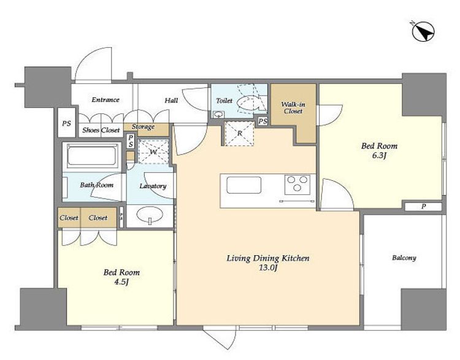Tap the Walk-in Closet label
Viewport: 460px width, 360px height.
pyautogui.click(x=293, y=108)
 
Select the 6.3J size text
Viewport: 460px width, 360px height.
pyautogui.click(x=379, y=156)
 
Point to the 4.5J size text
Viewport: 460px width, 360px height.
pyautogui.click(x=121, y=282)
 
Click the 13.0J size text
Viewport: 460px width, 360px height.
pyautogui.click(x=268, y=268)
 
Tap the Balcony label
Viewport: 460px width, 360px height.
pyautogui.click(x=404, y=258)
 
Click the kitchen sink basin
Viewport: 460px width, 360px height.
pyautogui.click(x=243, y=185)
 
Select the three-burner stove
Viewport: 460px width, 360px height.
pyautogui.click(x=297, y=185)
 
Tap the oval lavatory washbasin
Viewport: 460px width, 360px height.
pyautogui.click(x=150, y=214)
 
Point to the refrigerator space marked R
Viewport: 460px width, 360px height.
pyautogui.click(x=239, y=133)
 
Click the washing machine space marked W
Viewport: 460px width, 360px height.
pyautogui.click(x=153, y=151)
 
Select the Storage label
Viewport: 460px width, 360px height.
pyautogui.click(x=143, y=127)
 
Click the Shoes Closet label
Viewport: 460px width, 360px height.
pyautogui.click(x=101, y=130)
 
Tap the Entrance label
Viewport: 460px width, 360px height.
pyautogui.click(x=105, y=100)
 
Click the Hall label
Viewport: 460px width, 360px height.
pyautogui.click(x=171, y=101)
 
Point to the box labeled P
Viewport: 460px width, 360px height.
pyautogui.click(x=423, y=207)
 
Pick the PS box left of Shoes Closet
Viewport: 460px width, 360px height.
pyautogui.click(x=67, y=123)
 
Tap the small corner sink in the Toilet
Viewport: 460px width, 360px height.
pyautogui.click(x=217, y=114)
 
